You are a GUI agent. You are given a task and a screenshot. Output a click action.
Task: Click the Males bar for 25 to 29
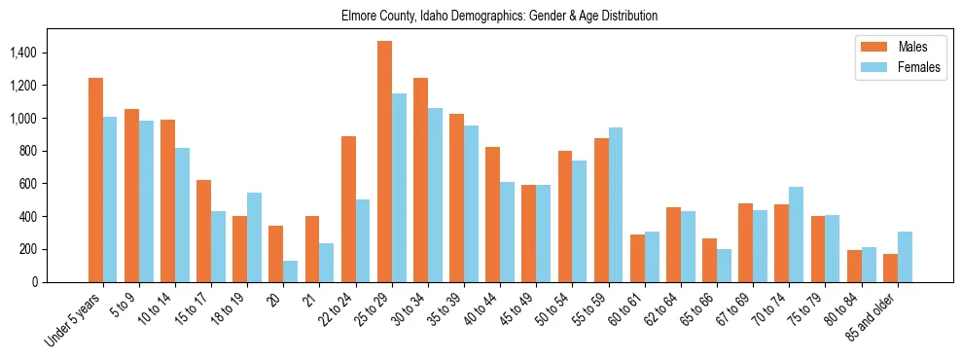coord(384,162)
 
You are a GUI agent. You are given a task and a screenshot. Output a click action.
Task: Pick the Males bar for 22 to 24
coord(348,209)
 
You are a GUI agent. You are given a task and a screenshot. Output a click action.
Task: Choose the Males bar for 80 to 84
coord(854,266)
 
